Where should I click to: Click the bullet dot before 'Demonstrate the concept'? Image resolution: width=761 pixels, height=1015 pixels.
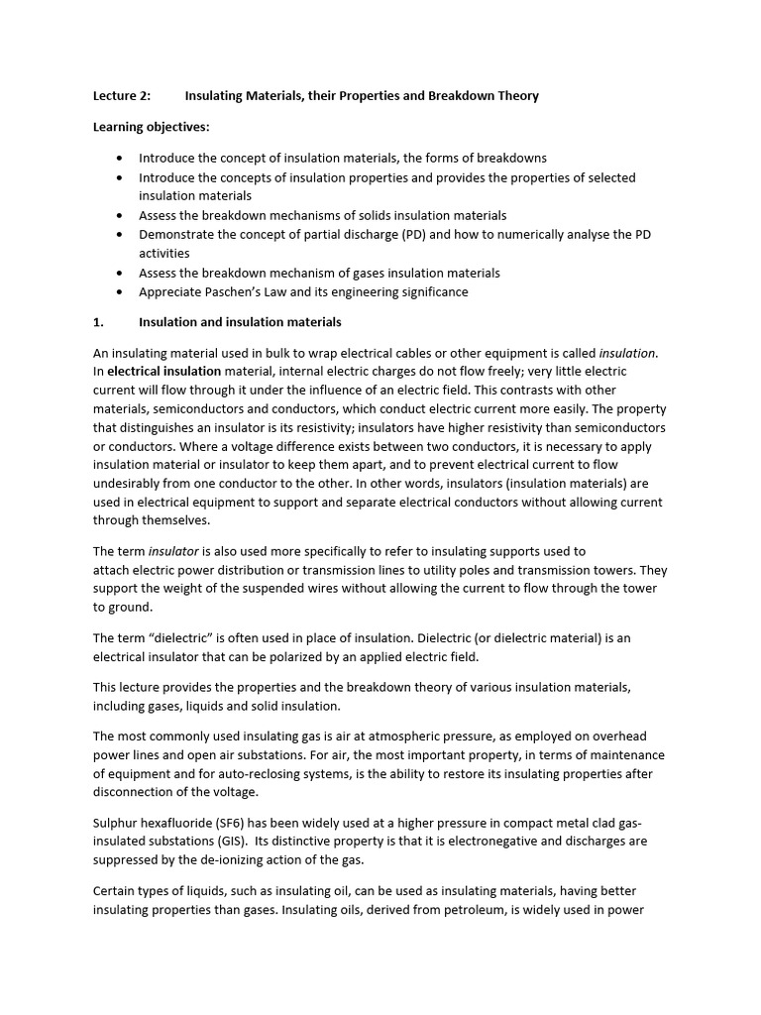click(120, 235)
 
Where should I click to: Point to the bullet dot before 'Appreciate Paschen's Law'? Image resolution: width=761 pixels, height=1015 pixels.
click(120, 292)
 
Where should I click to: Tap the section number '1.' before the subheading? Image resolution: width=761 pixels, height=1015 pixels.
click(98, 322)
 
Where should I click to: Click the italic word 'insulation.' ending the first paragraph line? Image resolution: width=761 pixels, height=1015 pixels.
click(628, 353)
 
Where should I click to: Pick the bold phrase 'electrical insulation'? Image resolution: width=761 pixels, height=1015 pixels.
click(164, 372)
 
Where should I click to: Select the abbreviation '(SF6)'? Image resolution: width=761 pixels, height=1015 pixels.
click(227, 823)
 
